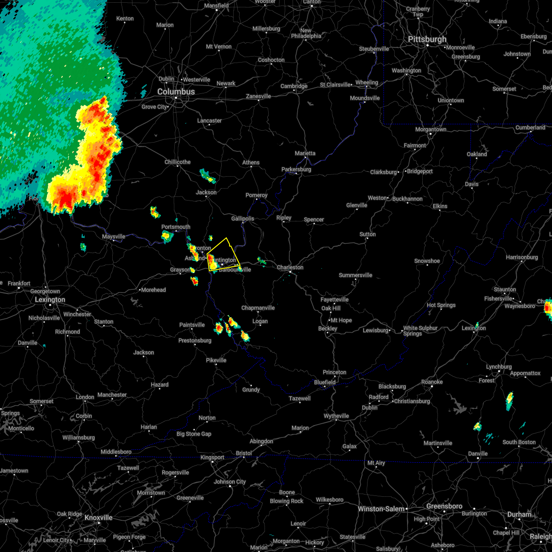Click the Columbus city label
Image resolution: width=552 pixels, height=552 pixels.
(176, 92)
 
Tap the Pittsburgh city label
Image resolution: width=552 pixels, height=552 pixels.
(427, 40)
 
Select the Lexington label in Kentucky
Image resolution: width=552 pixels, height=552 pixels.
(51, 300)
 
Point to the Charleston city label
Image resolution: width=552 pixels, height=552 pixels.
(290, 267)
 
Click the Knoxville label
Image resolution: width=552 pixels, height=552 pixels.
(98, 517)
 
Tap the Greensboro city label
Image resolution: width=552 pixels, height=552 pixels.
(444, 506)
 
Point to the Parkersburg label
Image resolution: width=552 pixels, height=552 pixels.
(296, 169)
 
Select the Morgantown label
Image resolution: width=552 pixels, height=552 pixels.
(431, 129)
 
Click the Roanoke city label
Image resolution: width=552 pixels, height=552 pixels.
(432, 382)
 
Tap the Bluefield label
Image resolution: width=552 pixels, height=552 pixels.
(325, 382)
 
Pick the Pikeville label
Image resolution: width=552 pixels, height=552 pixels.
(216, 360)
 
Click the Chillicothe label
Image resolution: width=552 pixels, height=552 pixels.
(178, 162)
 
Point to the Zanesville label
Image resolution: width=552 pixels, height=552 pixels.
(259, 96)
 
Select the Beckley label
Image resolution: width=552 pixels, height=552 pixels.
(328, 328)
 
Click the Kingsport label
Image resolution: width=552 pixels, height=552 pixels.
(212, 458)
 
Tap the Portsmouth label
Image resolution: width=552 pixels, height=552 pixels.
(176, 227)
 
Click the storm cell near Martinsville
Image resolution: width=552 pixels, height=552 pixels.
(477, 426)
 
